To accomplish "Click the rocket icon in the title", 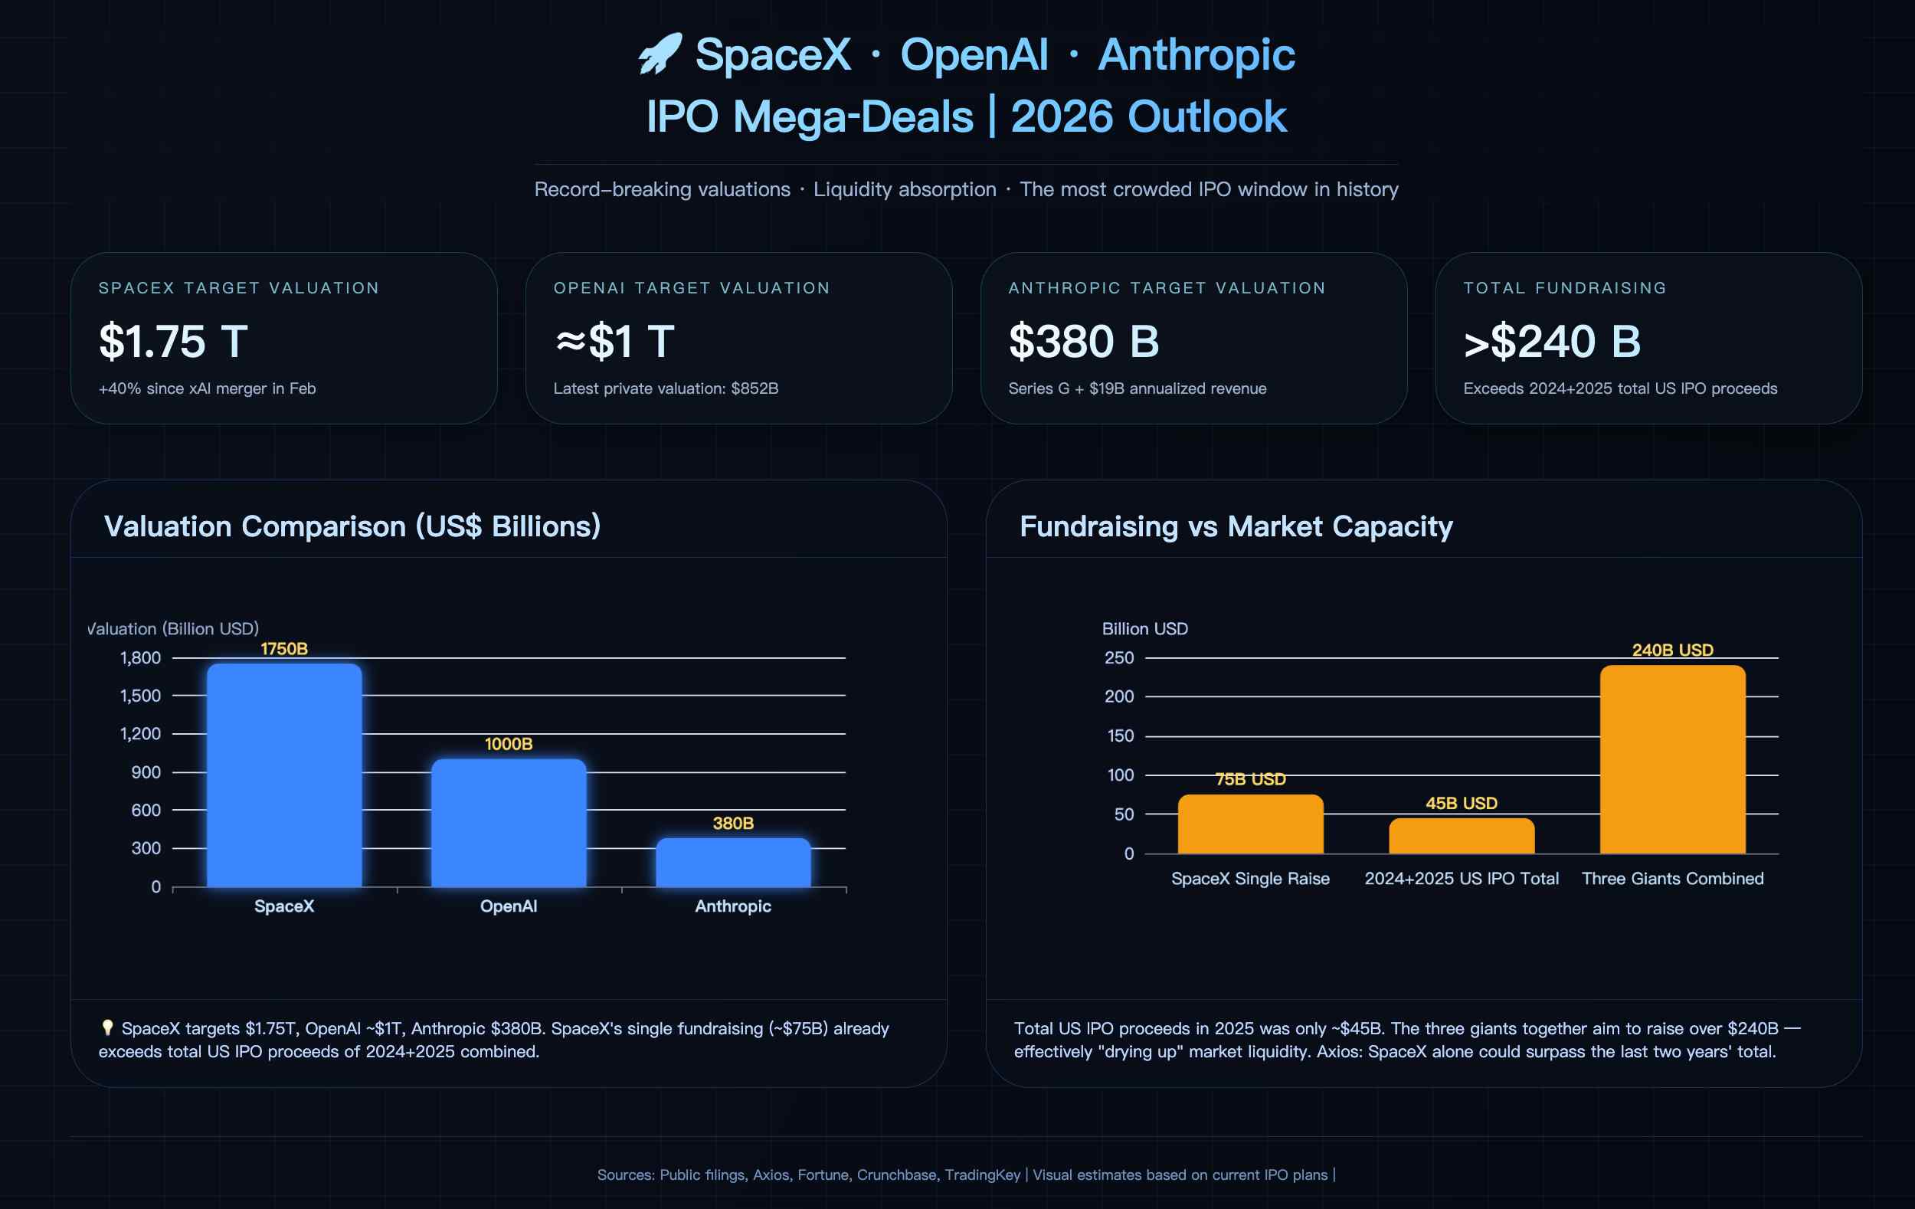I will click(x=660, y=54).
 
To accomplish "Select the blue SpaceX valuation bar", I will click(x=284, y=775).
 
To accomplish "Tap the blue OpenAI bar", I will click(x=509, y=823).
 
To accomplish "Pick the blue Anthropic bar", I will click(x=733, y=863).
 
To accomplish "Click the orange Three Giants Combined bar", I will click(x=1672, y=759).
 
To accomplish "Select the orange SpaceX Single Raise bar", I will click(x=1250, y=825).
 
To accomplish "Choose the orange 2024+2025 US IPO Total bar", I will click(x=1462, y=837).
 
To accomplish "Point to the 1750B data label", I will click(x=284, y=649).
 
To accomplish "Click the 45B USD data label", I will click(x=1462, y=804).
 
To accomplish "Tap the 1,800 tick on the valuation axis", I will click(x=141, y=658).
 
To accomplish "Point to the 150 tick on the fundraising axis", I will click(x=1121, y=736).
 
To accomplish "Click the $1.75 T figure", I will click(x=173, y=341).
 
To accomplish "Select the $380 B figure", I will click(x=1084, y=341).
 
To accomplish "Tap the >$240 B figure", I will click(x=1553, y=341).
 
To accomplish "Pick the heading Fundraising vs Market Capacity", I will click(x=1236, y=526).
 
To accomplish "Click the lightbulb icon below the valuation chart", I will click(x=107, y=1027).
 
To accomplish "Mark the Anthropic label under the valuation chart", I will click(x=733, y=906).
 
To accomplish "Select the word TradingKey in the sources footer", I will click(x=982, y=1175).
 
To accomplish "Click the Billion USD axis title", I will click(x=1145, y=628).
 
